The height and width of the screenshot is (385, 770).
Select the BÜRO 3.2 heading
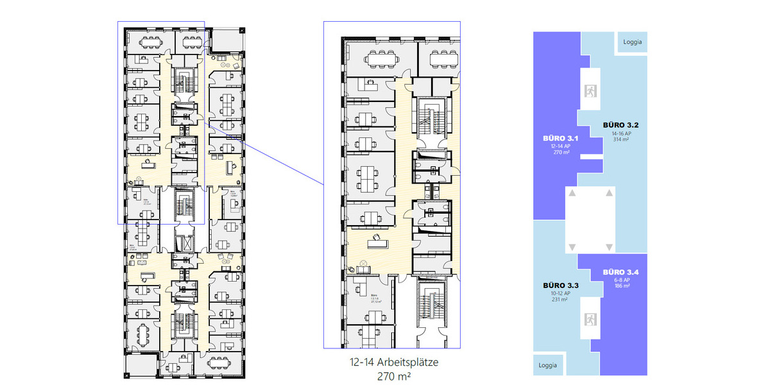(619, 124)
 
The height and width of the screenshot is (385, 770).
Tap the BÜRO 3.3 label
(560, 285)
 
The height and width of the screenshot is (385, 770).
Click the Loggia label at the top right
(632, 42)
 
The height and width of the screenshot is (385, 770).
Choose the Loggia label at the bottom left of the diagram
(547, 365)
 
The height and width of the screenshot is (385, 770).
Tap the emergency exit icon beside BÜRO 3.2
(589, 91)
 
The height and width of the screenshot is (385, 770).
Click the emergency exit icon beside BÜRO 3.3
(589, 319)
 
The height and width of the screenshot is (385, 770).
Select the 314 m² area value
(619, 139)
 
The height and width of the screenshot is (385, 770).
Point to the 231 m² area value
(560, 300)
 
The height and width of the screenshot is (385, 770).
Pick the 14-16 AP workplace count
(619, 132)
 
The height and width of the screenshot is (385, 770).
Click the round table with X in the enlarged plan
(363, 262)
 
